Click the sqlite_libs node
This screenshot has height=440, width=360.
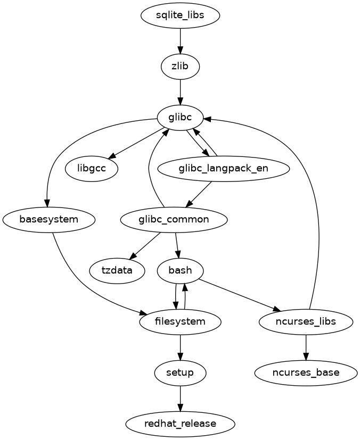coord(181,16)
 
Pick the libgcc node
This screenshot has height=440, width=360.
coord(92,169)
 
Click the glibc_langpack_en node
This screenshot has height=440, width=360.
coord(224,169)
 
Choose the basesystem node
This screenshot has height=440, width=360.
coord(48,219)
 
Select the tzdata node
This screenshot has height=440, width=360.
coord(117,270)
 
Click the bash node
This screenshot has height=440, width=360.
coord(181,270)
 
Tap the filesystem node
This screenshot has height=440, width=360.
coord(181,321)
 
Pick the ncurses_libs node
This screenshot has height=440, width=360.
coord(306,321)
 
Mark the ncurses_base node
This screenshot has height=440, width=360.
coord(306,372)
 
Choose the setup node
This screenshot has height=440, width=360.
coord(181,372)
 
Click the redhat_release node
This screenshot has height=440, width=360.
coord(181,423)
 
